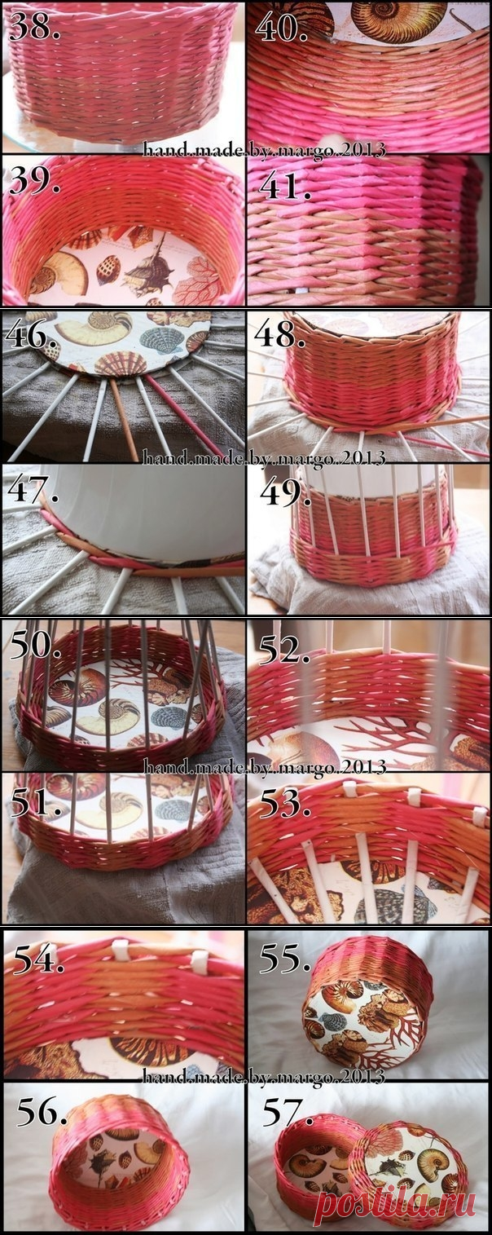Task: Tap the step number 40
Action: pyautogui.click(x=281, y=25)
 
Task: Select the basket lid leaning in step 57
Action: pyautogui.click(x=406, y=1162)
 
